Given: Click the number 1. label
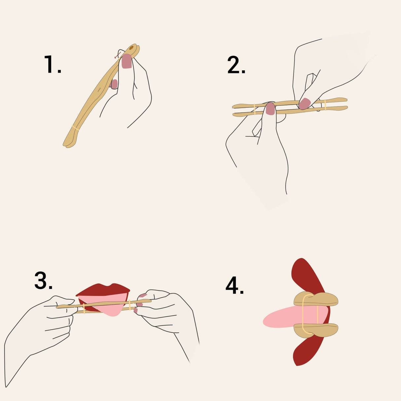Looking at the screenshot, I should pos(53,64).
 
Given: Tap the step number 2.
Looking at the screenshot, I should pos(236,65).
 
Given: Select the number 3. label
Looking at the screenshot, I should pos(43,281).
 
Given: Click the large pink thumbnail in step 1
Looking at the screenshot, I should pos(127,61).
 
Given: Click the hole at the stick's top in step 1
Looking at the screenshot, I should pos(132,48).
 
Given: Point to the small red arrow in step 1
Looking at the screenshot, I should pos(117,56).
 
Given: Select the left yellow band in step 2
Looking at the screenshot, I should pos(254,109).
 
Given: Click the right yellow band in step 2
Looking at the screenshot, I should pos(325,105).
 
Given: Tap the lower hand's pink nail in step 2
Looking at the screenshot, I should pos(270,109).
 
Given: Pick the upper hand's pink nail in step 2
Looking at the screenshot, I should pos(304,103).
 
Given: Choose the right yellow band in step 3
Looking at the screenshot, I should pos(130,305).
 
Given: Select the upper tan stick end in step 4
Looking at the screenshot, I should pos(316,299).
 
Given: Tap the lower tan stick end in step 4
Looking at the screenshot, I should pos(316,330).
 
